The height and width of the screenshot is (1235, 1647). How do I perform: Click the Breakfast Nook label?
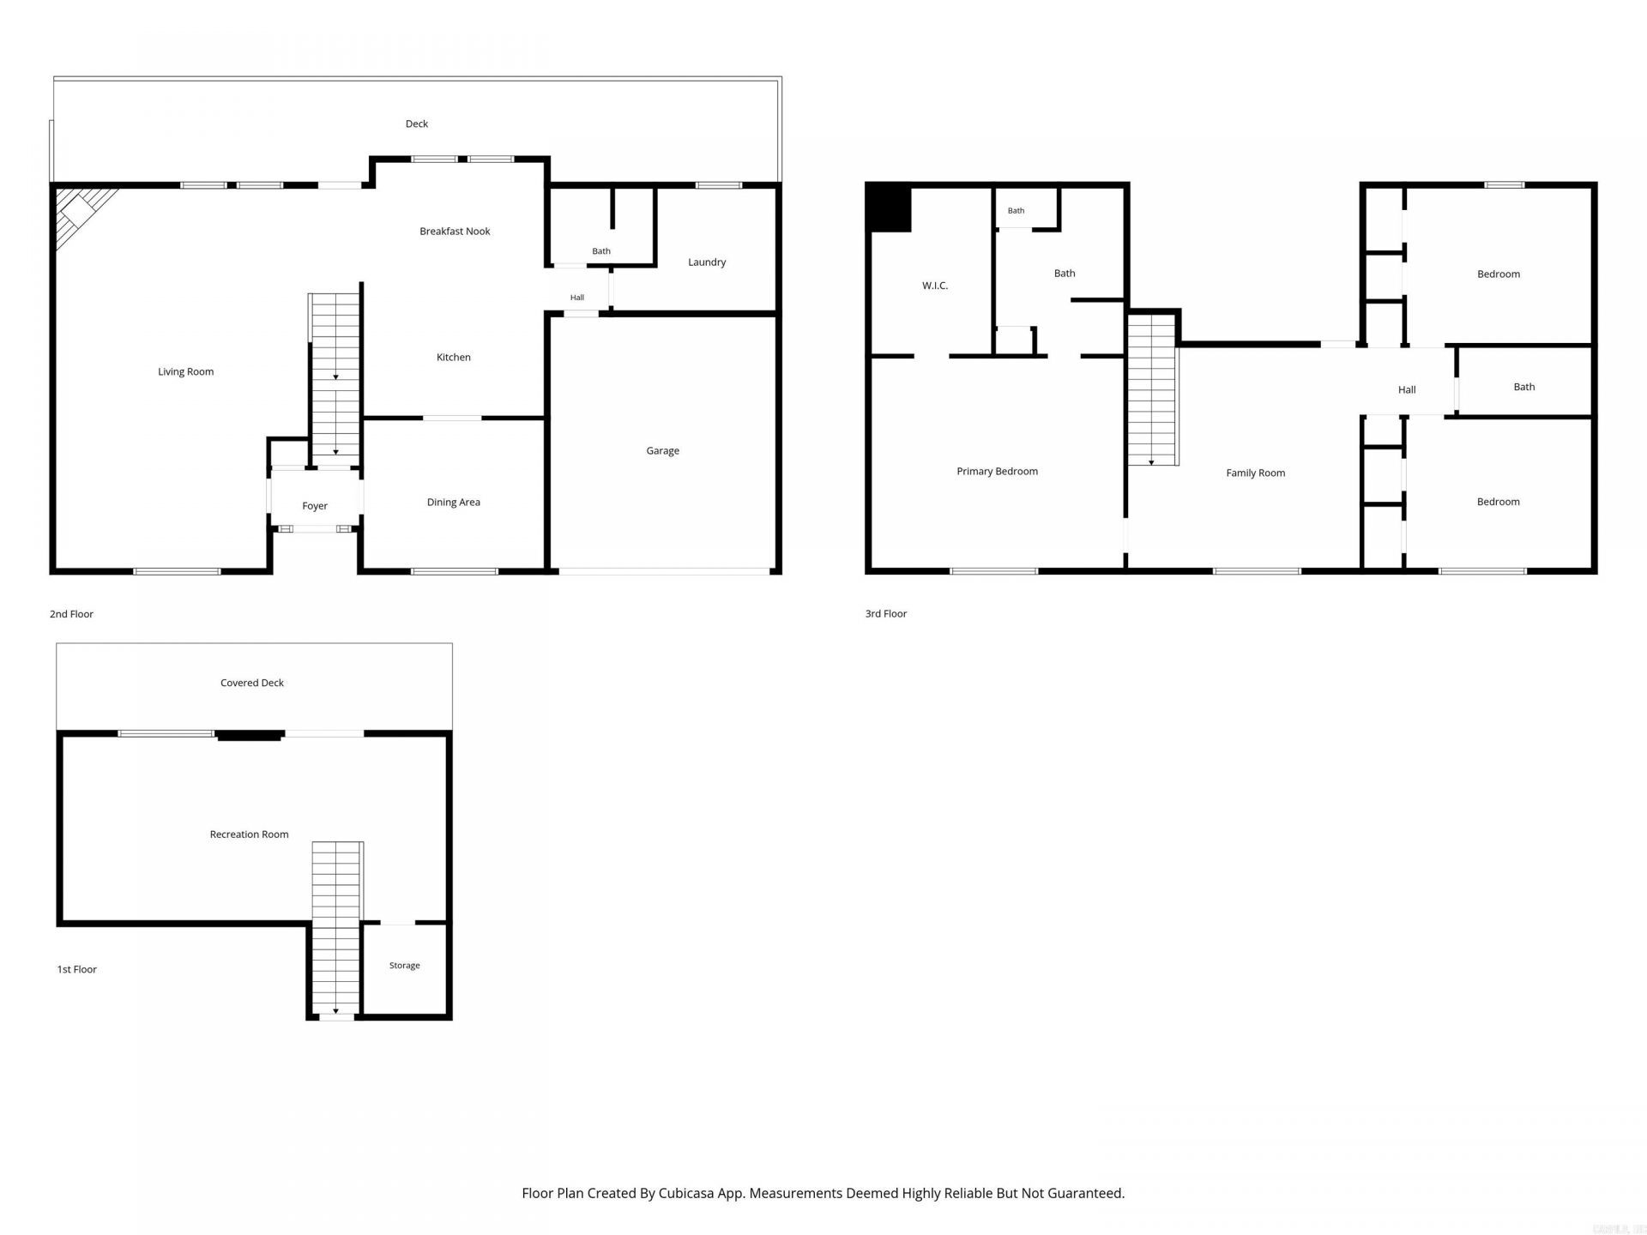[455, 231]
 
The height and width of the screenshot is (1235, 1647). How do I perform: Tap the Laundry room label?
[707, 262]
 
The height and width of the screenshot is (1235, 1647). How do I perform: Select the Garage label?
[662, 450]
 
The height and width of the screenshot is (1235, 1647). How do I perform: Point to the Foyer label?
[315, 506]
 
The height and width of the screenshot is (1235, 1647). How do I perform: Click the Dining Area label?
[454, 502]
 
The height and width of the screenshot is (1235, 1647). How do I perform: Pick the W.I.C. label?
[935, 286]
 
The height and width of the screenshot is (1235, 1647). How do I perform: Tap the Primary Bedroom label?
[997, 471]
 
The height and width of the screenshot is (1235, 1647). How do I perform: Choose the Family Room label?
[1255, 473]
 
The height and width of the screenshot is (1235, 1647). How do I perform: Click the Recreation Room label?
[249, 834]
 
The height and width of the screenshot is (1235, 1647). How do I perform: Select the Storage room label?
[404, 966]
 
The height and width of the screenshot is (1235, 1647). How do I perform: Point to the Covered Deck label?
[251, 683]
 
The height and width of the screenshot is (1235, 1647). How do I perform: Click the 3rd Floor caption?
[885, 613]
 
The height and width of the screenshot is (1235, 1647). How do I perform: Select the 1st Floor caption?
[76, 969]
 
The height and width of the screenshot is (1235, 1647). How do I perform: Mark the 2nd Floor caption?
[71, 614]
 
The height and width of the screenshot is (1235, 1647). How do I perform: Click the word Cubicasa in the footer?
[689, 1193]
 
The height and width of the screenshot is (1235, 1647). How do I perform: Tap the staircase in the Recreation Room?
[335, 930]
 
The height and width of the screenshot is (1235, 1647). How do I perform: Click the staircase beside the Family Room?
[1152, 390]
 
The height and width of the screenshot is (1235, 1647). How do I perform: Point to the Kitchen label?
[453, 357]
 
